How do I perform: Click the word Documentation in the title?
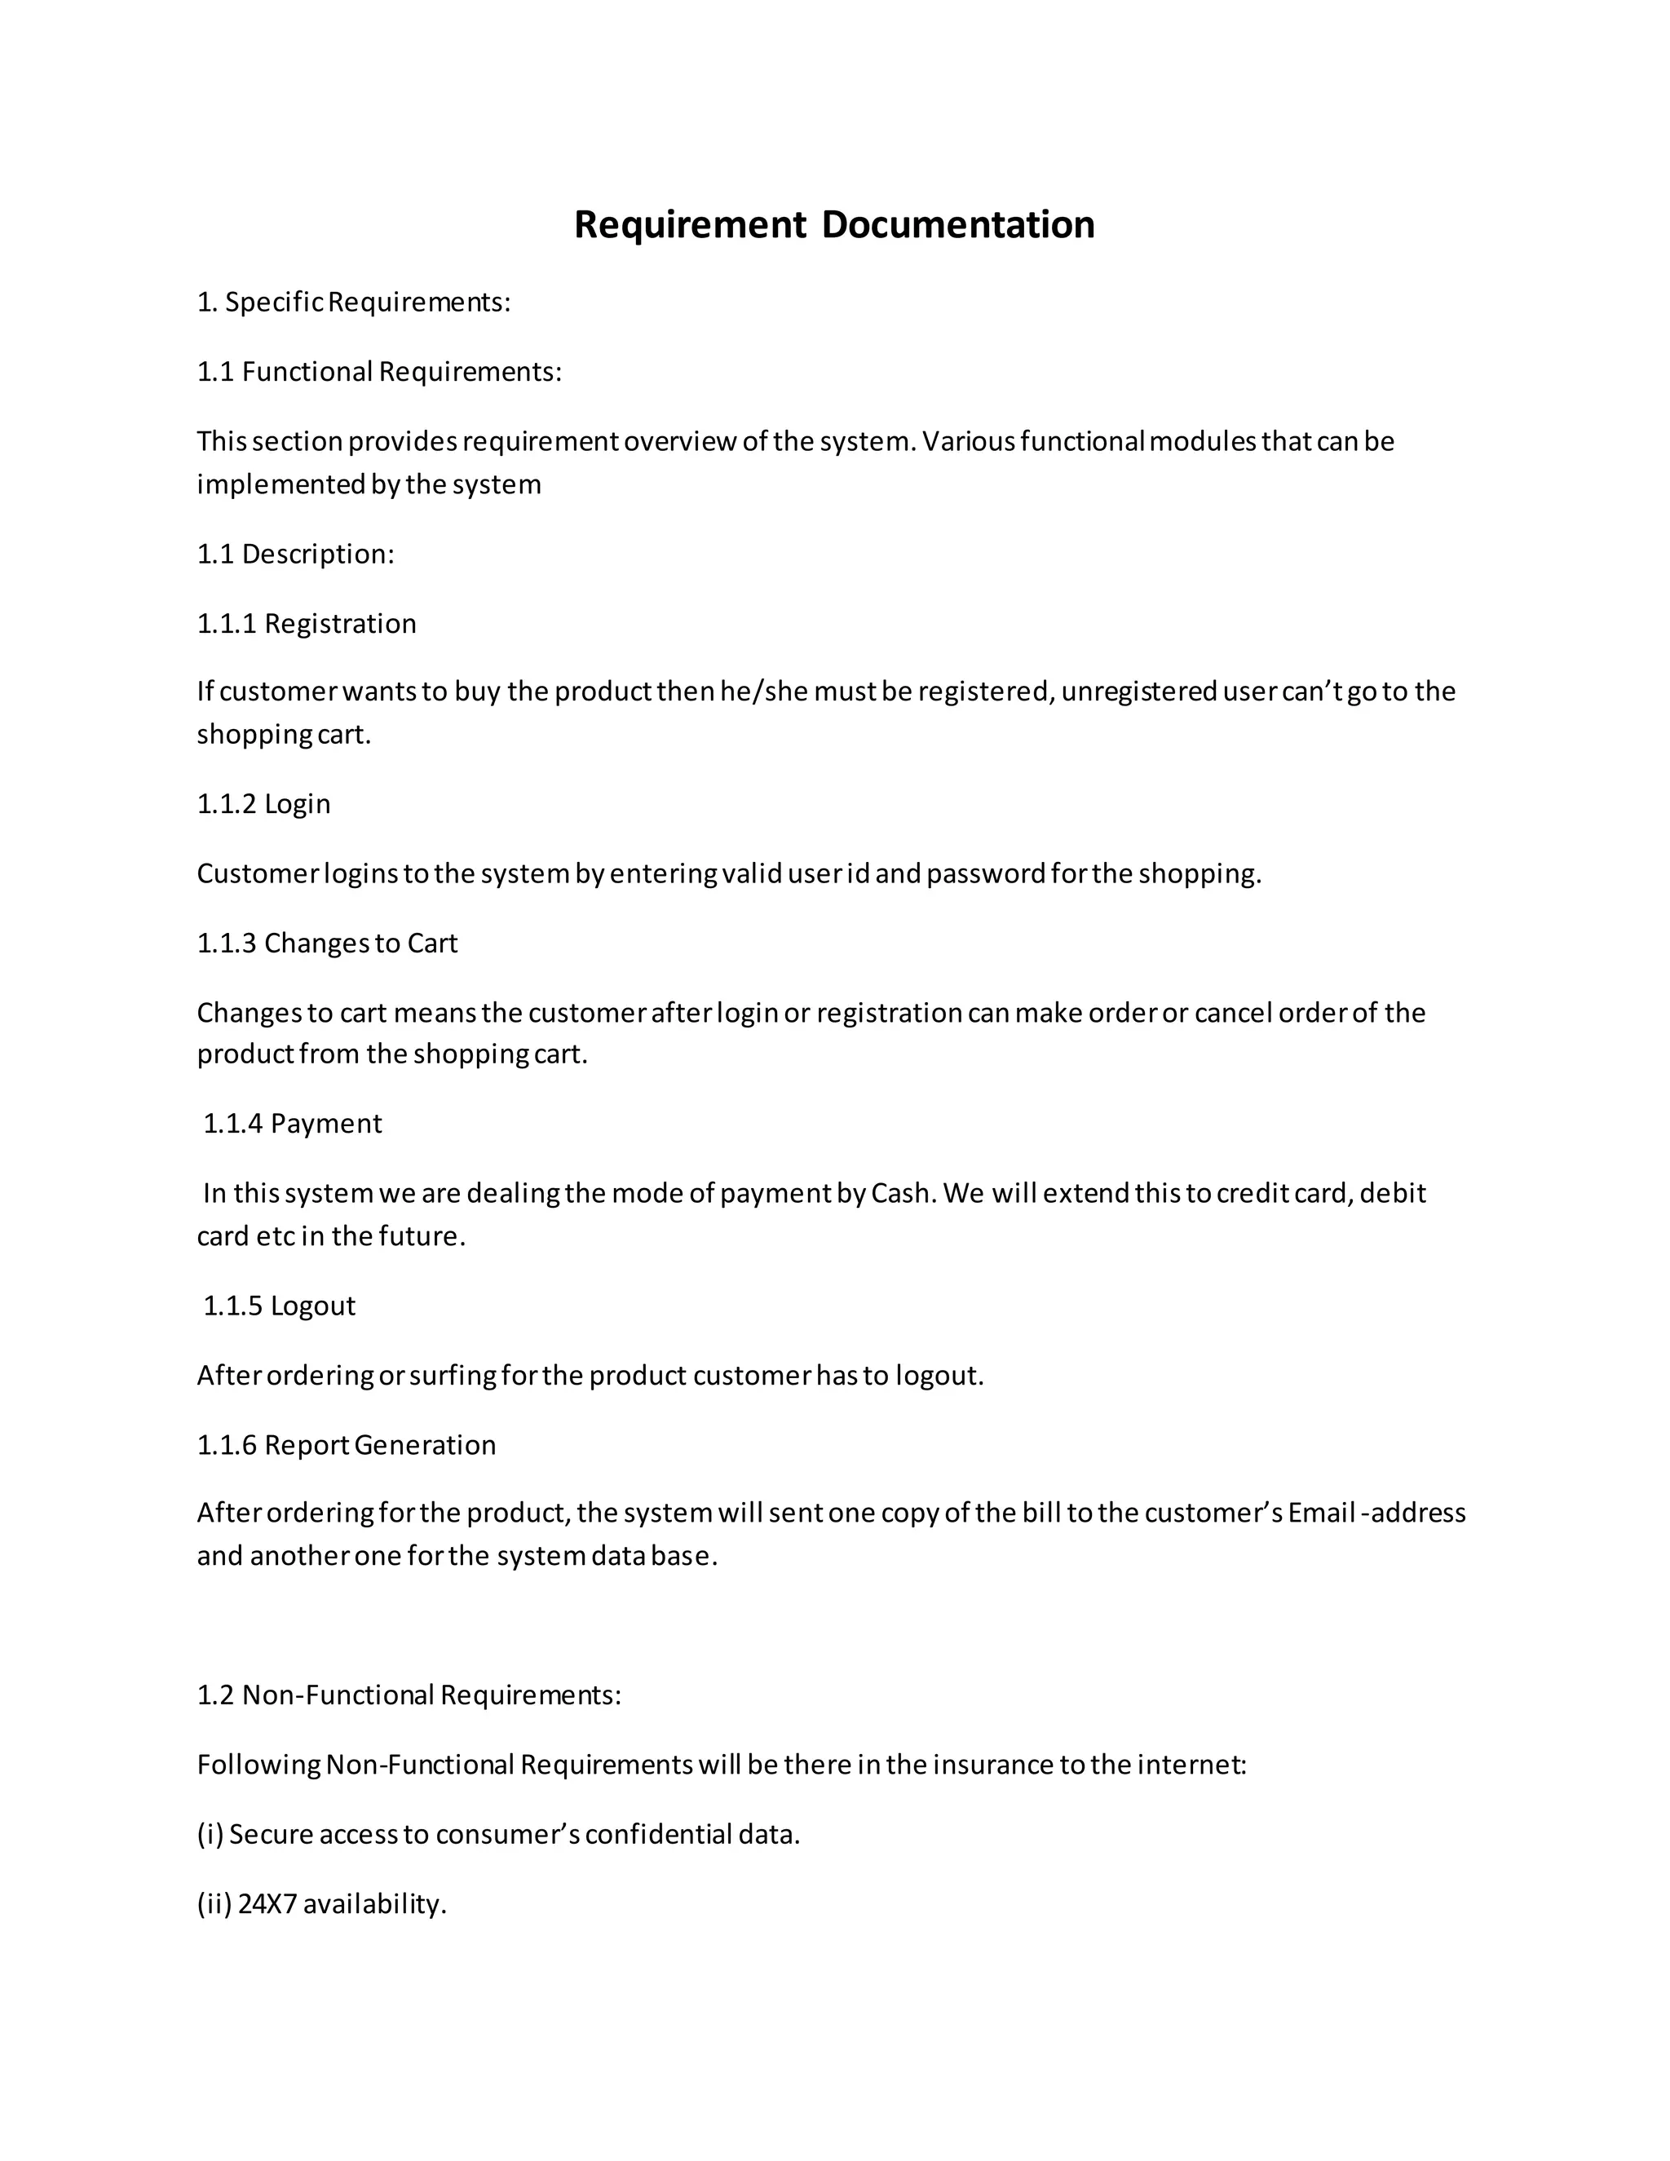956,224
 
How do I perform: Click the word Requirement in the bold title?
690,224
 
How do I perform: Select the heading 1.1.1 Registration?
306,623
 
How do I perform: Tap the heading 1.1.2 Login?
263,803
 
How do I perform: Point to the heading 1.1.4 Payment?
292,1123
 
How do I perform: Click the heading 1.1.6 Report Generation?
347,1445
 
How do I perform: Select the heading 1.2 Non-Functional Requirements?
409,1695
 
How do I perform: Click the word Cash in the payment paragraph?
901,1193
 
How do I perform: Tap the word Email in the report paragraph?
1321,1513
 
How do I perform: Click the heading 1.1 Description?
295,554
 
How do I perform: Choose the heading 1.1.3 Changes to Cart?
326,943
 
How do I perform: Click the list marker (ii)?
214,1904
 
